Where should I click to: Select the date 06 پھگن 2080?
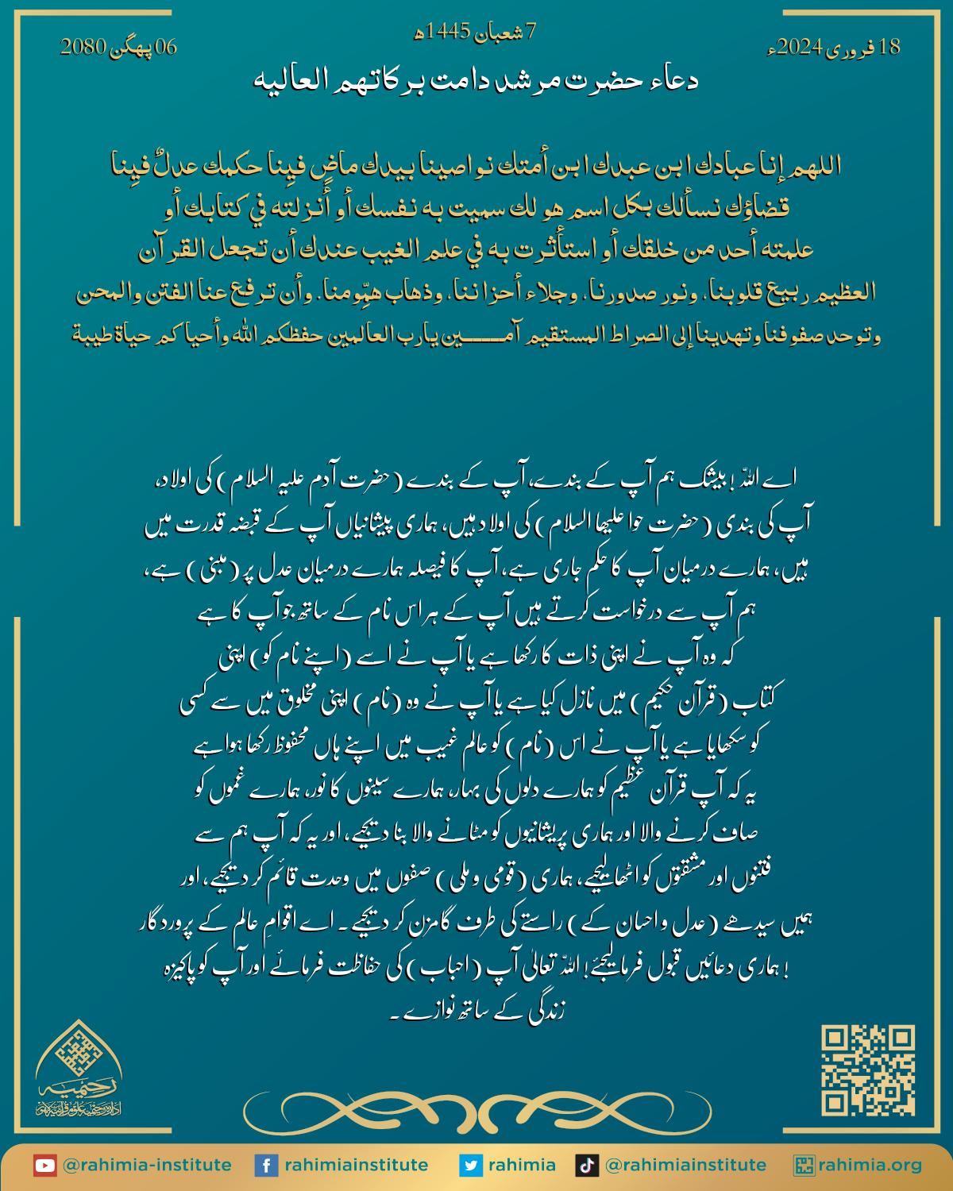(x=118, y=48)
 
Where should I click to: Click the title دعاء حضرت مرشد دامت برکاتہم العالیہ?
(x=476, y=80)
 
